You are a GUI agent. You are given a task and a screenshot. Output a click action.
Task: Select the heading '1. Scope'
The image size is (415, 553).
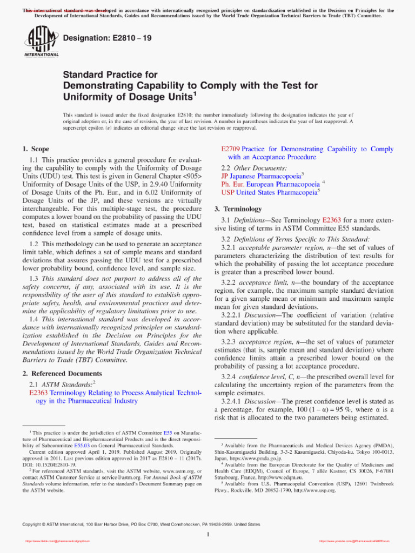point(36,149)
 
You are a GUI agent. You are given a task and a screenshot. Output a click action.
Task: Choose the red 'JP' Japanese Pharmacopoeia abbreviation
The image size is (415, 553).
point(225,176)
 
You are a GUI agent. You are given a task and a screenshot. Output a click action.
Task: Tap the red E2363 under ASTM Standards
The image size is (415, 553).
point(40,393)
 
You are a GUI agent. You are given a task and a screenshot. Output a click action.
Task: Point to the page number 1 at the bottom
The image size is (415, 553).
point(208,535)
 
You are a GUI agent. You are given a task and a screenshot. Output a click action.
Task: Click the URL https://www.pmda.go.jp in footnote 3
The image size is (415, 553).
point(257,458)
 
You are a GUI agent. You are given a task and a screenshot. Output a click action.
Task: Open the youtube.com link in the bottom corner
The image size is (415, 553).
point(354,541)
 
